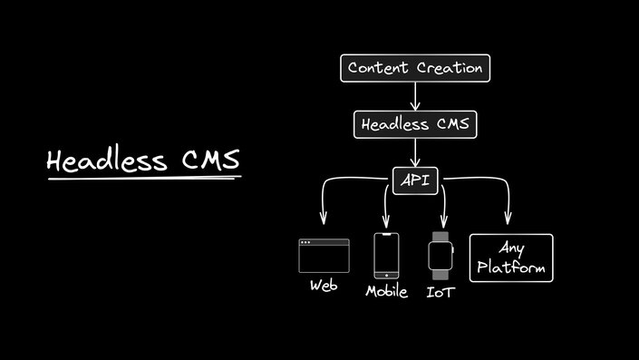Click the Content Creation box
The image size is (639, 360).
click(415, 68)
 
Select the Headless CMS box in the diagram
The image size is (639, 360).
click(415, 124)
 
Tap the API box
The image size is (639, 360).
click(415, 180)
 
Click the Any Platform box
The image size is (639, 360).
click(510, 258)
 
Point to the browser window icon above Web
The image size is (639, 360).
click(324, 256)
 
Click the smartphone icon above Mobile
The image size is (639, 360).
click(386, 257)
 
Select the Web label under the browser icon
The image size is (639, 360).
click(324, 285)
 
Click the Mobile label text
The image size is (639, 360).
click(386, 292)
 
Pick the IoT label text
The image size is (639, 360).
click(441, 292)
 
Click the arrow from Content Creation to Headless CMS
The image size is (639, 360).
click(415, 95)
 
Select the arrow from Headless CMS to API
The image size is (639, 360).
click(415, 151)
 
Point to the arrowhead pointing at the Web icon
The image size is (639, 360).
click(323, 219)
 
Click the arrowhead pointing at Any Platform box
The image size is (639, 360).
click(508, 219)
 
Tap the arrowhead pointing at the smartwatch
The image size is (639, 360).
click(443, 220)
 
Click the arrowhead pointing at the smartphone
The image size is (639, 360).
click(387, 220)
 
